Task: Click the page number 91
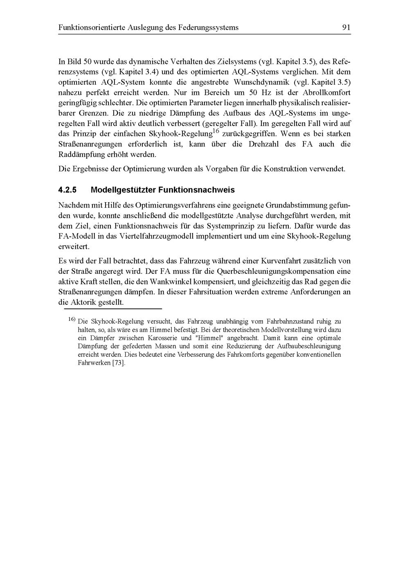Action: click(346, 28)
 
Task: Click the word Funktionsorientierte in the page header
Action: click(92, 28)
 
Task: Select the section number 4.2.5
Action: click(68, 190)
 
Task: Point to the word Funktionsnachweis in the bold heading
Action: click(196, 190)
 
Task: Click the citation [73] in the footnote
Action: click(119, 363)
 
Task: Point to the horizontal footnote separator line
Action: click(110, 309)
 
